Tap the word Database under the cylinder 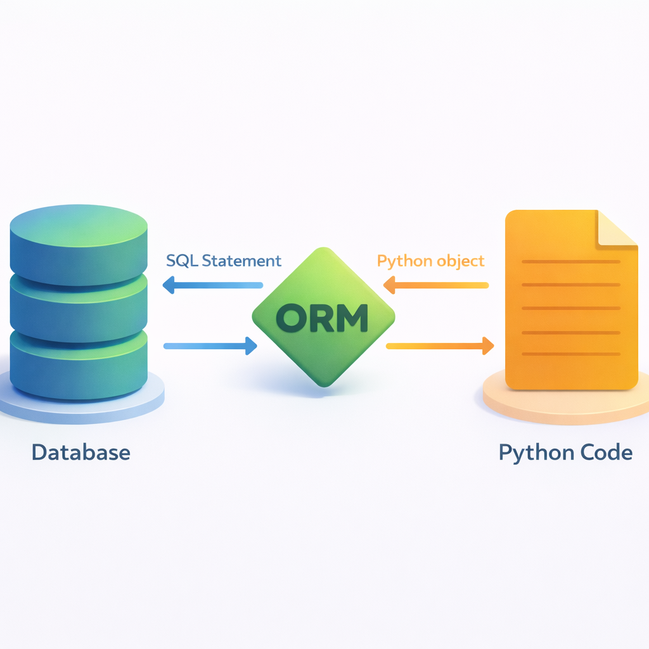[x=80, y=453]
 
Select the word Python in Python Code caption [x=534, y=453]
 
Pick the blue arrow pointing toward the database [x=212, y=285]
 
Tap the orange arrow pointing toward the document [x=440, y=345]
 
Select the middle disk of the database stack [x=79, y=304]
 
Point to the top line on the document [x=570, y=262]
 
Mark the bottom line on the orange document [x=570, y=354]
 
